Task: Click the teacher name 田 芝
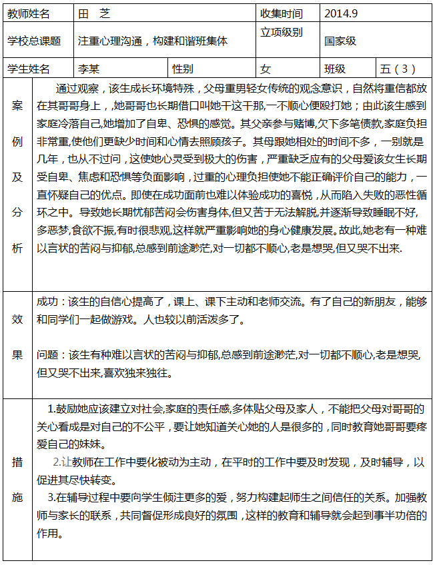pos(95,13)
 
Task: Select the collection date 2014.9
pos(341,13)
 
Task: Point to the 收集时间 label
pos(281,13)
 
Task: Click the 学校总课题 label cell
pos(34,41)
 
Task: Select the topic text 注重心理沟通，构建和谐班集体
pos(153,41)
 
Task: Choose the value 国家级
pos(340,41)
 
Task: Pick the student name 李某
pos(89,69)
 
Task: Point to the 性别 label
pos(183,69)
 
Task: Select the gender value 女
pos(266,69)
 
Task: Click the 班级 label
pos(335,69)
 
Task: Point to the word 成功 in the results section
pos(47,302)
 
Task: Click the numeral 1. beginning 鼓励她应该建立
pos(51,408)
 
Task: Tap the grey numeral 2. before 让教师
pos(57,462)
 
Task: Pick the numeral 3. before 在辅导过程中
pos(51,497)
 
